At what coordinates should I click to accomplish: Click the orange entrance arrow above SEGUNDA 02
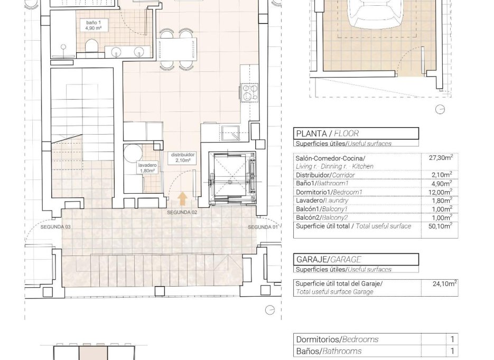(x=182, y=198)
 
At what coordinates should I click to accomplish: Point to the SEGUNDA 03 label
(x=55, y=227)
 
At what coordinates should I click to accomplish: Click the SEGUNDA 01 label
(x=263, y=227)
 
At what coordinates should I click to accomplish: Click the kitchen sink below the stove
(x=230, y=132)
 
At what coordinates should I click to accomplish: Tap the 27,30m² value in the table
(x=440, y=158)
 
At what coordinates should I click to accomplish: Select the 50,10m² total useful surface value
(x=440, y=226)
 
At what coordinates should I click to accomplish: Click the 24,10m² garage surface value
(x=444, y=283)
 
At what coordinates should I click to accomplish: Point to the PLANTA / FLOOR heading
(x=328, y=134)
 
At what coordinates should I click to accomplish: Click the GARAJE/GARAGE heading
(x=329, y=259)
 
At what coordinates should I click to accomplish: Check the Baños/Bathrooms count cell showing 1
(x=452, y=351)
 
